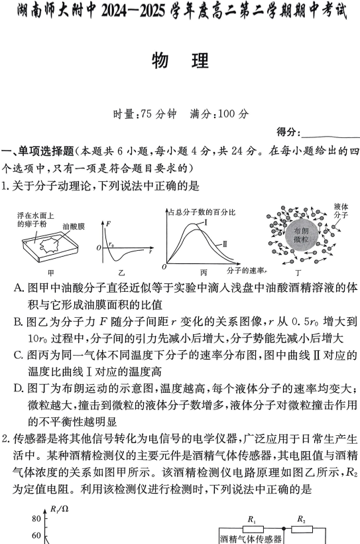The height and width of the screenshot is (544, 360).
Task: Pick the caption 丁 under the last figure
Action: click(x=298, y=272)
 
